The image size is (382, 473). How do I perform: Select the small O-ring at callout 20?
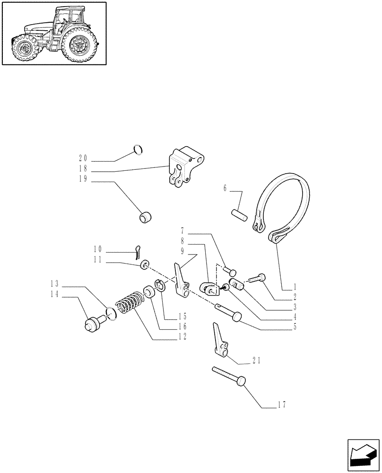138,149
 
